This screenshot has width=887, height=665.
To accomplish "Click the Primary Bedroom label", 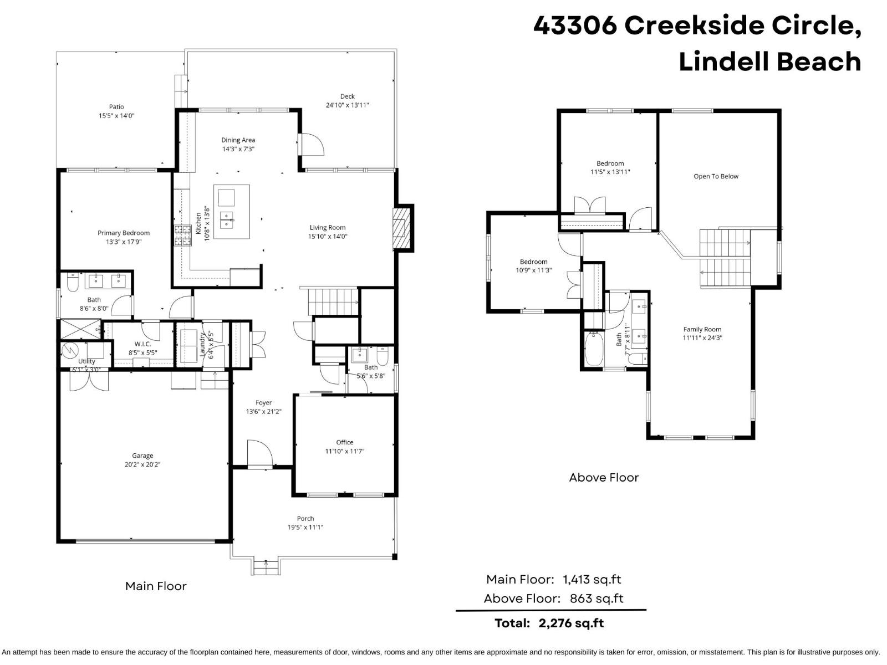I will click(x=124, y=233).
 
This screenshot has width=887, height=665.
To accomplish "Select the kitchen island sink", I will click(x=226, y=220).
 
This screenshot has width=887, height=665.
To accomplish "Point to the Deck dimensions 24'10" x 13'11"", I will click(x=347, y=105).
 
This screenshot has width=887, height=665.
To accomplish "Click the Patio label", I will click(x=116, y=107).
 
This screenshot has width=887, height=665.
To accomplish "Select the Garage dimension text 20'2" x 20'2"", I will click(x=142, y=465).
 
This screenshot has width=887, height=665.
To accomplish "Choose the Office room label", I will click(x=344, y=442).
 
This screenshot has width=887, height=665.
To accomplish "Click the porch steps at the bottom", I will click(x=266, y=567).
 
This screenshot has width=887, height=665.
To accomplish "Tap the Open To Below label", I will click(x=716, y=176).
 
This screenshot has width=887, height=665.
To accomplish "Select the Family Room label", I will click(x=702, y=329).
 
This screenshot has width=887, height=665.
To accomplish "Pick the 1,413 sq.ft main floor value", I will click(x=592, y=580).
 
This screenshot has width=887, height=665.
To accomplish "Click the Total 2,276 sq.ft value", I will click(x=571, y=623).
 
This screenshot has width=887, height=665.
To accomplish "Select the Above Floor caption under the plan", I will click(x=604, y=478).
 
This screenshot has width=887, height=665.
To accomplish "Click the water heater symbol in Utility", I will click(x=70, y=351).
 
